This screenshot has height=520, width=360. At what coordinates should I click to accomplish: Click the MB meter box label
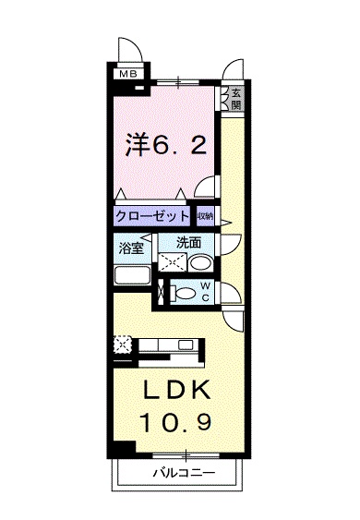click(x=128, y=74)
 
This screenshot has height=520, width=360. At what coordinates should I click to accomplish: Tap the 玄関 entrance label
click(x=235, y=99)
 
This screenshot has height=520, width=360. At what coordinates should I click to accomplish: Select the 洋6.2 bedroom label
click(x=166, y=145)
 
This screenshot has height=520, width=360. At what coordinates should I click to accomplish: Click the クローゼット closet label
click(x=151, y=216)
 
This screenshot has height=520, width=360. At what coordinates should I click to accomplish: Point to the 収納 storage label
click(x=205, y=216)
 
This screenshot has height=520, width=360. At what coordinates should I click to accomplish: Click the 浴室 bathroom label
click(x=132, y=248)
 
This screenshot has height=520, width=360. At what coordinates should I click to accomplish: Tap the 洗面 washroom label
click(x=188, y=242)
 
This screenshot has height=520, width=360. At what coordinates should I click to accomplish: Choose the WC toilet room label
click(x=206, y=292)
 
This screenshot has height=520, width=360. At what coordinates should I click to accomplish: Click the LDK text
click(x=176, y=390)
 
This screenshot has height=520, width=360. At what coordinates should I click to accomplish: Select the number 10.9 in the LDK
click(x=176, y=421)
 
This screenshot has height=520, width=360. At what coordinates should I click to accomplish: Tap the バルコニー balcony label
click(x=184, y=473)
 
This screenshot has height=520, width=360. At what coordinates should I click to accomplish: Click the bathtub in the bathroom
click(x=132, y=275)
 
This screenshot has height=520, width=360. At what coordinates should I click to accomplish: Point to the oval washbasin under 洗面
click(x=200, y=263)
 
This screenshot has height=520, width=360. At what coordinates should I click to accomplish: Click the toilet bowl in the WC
click(x=185, y=294)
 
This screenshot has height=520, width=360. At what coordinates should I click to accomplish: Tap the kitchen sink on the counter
click(x=185, y=345)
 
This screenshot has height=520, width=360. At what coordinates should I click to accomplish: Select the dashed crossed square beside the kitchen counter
click(x=123, y=345)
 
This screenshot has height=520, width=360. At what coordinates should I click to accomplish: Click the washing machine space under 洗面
click(x=172, y=263)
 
